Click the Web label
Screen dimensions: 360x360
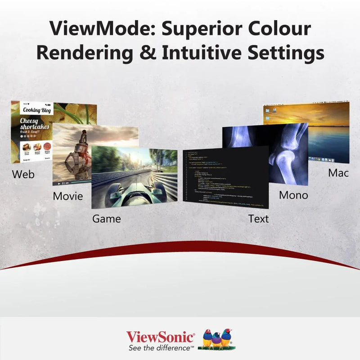point(23,174)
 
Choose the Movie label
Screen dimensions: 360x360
point(67,196)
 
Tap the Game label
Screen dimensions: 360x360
point(106,219)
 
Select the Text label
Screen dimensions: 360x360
point(258,219)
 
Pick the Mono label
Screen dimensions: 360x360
point(293,195)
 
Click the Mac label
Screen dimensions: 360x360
point(338,173)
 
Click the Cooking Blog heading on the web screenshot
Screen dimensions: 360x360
point(37,110)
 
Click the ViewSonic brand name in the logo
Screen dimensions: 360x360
point(160,337)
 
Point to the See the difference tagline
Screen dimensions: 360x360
point(161,348)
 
